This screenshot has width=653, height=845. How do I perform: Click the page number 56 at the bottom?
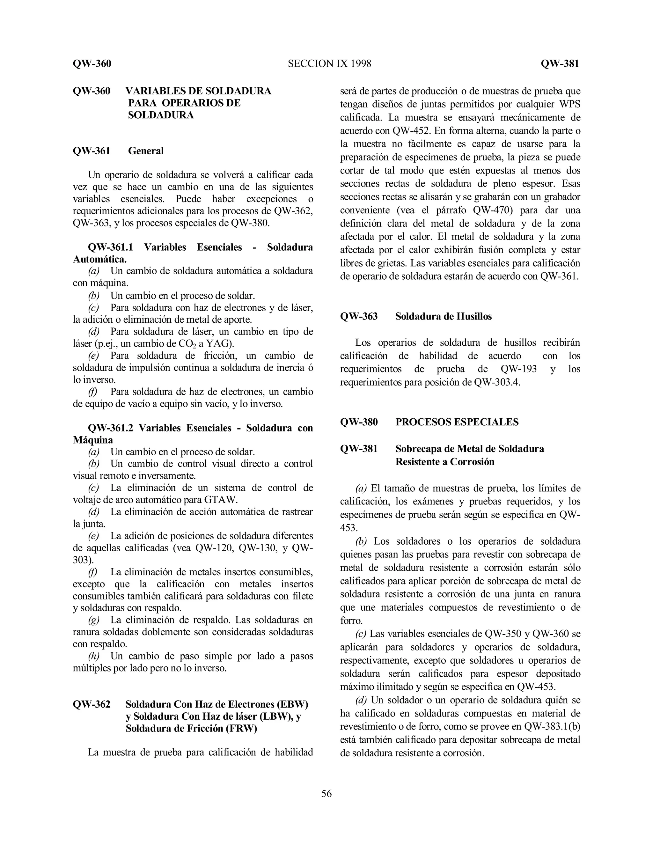(x=326, y=794)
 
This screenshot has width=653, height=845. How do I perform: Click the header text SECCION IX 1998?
(x=329, y=63)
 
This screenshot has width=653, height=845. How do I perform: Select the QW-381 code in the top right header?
(x=560, y=63)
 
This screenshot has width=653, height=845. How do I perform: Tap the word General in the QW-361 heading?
(x=146, y=151)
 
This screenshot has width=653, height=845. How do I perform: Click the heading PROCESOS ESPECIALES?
(x=457, y=422)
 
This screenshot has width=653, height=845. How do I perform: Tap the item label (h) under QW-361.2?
(x=94, y=656)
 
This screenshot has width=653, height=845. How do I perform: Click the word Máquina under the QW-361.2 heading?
(x=93, y=440)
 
